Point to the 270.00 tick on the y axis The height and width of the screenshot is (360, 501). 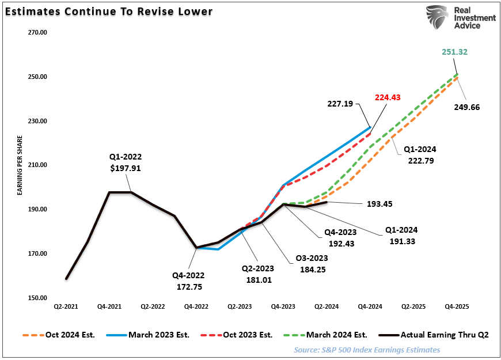[37, 33]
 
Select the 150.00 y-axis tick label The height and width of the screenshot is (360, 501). [37, 298]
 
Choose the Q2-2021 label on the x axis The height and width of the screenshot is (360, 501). [66, 308]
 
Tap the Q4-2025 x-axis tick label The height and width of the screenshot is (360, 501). [457, 308]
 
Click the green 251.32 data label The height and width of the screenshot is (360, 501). [455, 52]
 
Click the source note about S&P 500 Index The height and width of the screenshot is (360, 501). [367, 350]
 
